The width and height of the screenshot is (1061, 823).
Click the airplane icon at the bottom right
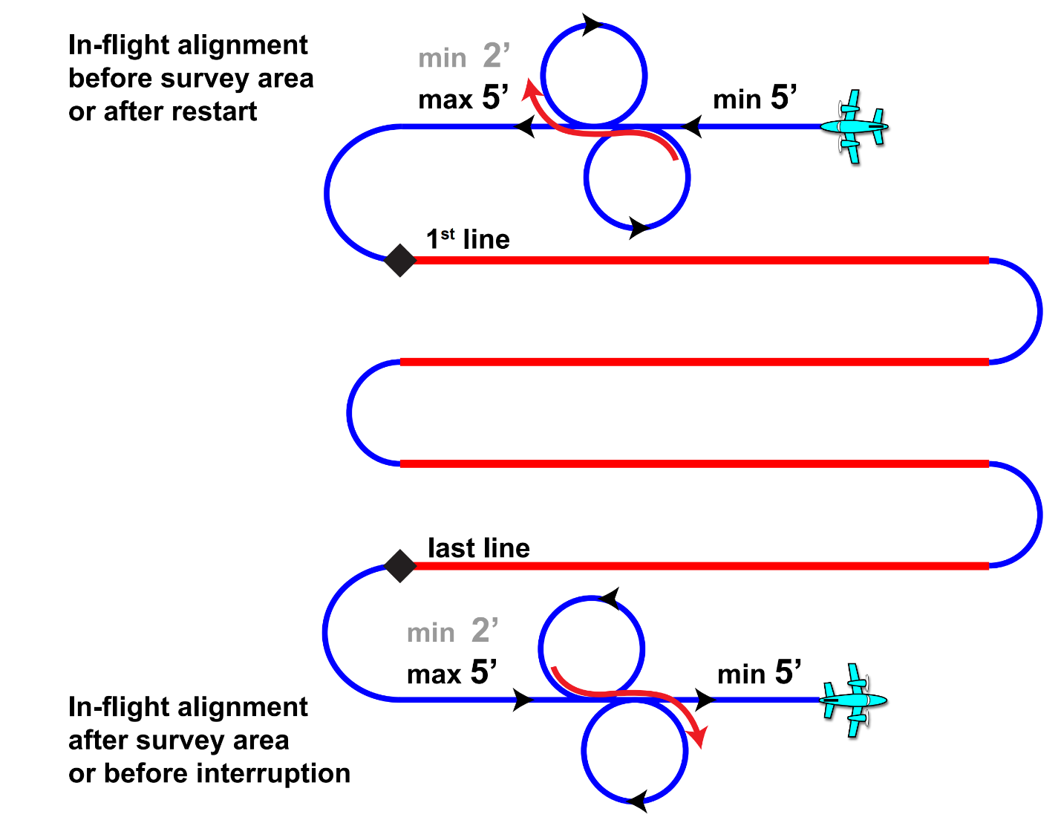(855, 700)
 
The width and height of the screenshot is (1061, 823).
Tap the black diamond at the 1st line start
(400, 261)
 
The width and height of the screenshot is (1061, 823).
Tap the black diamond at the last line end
(400, 566)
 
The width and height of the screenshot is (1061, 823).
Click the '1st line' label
(468, 239)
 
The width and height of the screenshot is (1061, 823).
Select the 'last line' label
(479, 548)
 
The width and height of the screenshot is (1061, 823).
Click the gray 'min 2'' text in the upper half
(464, 57)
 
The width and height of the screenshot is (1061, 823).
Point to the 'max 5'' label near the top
(463, 98)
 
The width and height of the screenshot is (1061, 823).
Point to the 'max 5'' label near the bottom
(451, 673)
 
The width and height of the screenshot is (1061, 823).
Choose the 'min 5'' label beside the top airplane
(754, 98)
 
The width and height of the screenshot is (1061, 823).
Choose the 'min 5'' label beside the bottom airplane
(759, 673)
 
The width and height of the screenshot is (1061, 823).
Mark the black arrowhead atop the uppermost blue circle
(592, 25)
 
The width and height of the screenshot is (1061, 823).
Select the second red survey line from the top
(694, 362)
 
